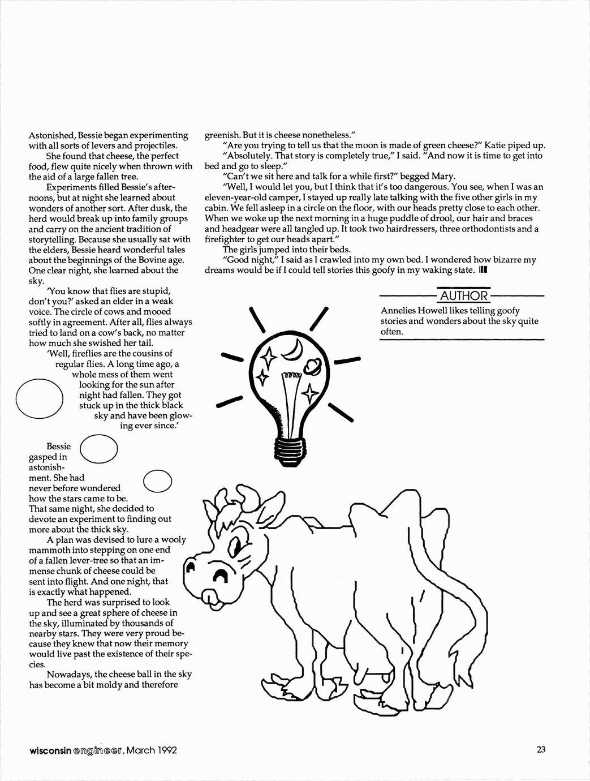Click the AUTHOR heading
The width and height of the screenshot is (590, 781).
tap(463, 295)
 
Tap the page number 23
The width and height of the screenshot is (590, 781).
tap(541, 750)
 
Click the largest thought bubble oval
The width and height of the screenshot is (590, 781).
tap(39, 400)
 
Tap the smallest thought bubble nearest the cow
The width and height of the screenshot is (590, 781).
tap(158, 480)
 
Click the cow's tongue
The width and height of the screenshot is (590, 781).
tap(209, 595)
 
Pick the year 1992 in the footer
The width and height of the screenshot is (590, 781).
tap(165, 750)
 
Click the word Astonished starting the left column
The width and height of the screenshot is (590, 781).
tap(52, 135)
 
